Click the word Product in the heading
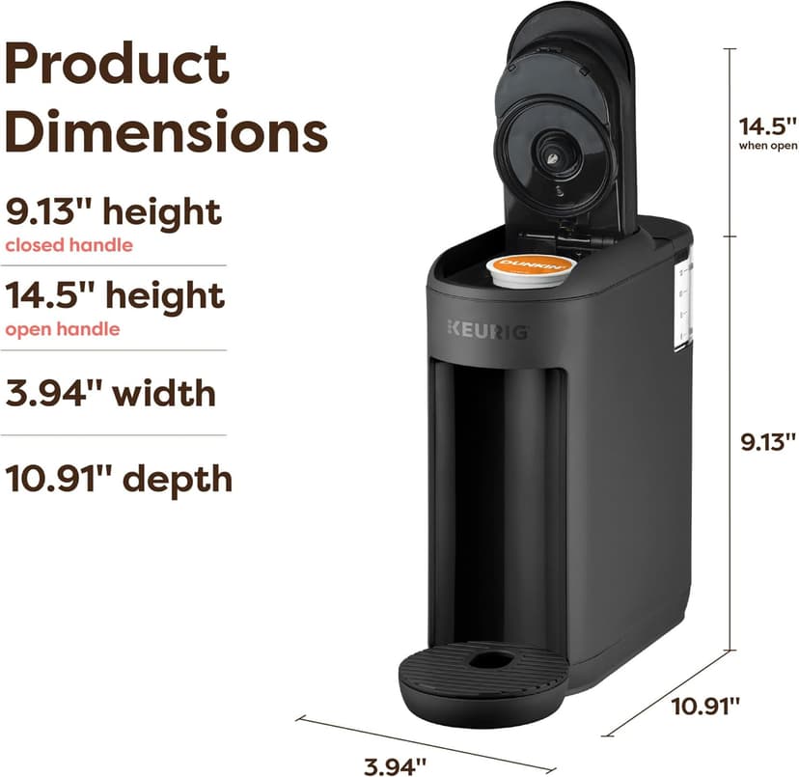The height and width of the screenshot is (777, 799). pyautogui.click(x=117, y=63)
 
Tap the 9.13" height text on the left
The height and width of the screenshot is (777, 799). pyautogui.click(x=113, y=211)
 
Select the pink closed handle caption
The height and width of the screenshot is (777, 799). pyautogui.click(x=69, y=245)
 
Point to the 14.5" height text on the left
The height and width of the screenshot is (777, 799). pyautogui.click(x=115, y=295)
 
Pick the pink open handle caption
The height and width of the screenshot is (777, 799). pyautogui.click(x=63, y=329)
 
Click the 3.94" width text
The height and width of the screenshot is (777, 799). pyautogui.click(x=111, y=394)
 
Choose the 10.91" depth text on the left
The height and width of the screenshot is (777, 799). pyautogui.click(x=119, y=478)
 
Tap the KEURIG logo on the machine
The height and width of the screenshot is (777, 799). pyautogui.click(x=486, y=329)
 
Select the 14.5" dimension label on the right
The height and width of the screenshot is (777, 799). pyautogui.click(x=766, y=126)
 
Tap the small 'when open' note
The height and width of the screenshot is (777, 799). pyautogui.click(x=767, y=146)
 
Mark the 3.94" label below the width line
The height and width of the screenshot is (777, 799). pyautogui.click(x=395, y=766)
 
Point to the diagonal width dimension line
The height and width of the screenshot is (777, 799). pyautogui.click(x=425, y=743)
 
